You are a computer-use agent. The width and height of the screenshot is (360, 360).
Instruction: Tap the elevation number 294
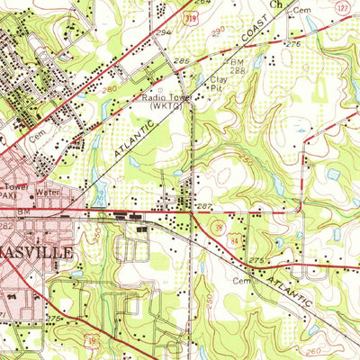pos(163,31)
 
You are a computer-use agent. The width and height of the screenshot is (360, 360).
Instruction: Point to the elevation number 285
pos(183,61)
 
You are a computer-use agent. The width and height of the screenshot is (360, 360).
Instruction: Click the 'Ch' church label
pos(276,4)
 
